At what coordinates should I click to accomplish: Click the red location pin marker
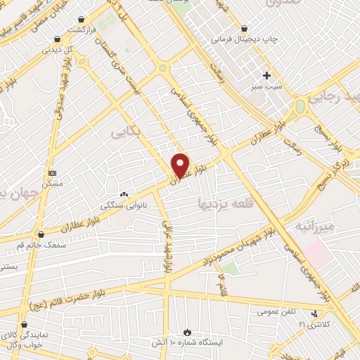pos(181,165)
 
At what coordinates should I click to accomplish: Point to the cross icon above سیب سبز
pos(266,75)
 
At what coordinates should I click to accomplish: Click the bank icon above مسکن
pos(52,173)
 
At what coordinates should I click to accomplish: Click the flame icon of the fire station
pos(187,332)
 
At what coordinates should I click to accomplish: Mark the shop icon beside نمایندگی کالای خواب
pos(25,326)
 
